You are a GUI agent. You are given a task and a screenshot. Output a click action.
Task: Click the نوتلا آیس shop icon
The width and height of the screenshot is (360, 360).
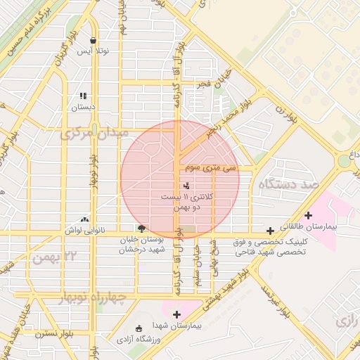coord(94,40)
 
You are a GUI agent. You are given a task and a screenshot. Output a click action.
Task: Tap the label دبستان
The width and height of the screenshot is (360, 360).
coord(83,108)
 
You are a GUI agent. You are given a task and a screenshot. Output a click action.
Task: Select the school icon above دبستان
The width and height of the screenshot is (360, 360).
coord(83,96)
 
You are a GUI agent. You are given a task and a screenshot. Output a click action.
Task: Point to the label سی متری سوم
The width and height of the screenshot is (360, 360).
coord(210,169)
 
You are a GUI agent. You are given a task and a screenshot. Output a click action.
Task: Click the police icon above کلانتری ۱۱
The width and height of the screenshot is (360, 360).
coord(186,186)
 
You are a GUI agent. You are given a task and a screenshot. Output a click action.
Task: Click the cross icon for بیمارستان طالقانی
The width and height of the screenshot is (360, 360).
coord(307,215)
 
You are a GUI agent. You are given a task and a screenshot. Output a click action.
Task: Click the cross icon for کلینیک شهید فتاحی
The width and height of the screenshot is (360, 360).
coord(270,230)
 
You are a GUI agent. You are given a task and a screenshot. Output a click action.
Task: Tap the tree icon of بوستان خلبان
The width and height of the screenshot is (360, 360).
coord(141,228)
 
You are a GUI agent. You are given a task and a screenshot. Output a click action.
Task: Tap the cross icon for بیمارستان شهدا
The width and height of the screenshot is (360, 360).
coord(176,314)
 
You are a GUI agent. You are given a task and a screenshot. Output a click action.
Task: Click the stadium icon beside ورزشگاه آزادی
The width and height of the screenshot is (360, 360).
coord(138,328)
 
